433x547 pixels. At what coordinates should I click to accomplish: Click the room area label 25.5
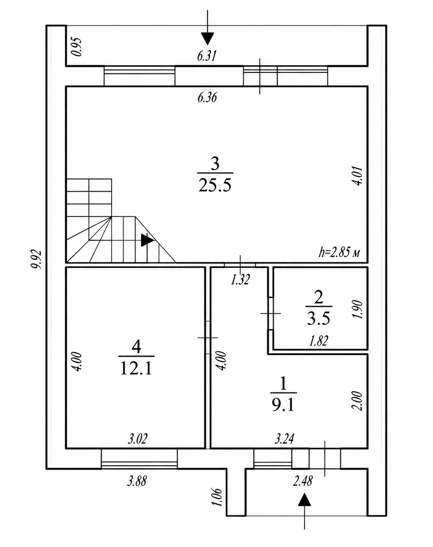click(x=215, y=185)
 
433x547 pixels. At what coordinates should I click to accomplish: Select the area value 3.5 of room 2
click(x=318, y=318)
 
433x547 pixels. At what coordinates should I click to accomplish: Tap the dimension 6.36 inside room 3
click(x=207, y=97)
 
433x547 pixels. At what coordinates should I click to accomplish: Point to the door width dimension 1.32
click(x=240, y=279)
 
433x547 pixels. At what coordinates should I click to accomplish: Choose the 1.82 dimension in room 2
click(x=319, y=341)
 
